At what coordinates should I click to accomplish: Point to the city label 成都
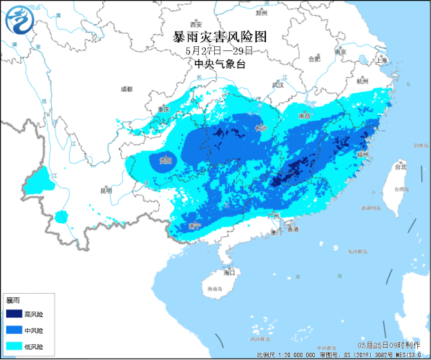[x=126, y=88]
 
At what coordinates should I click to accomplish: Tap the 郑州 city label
[x=260, y=12]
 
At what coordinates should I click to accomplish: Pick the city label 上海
[x=383, y=60]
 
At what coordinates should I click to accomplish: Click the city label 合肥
[x=314, y=59]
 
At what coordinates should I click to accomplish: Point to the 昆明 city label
[x=105, y=189]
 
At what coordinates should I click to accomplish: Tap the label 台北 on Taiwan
[x=400, y=167]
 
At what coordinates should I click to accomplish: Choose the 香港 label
[x=293, y=229]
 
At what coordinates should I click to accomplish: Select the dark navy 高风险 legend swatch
[x=14, y=314]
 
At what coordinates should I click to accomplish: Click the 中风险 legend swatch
[x=14, y=330]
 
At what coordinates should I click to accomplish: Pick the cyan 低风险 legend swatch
[x=14, y=346]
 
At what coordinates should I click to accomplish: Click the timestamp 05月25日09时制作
[x=388, y=344]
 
